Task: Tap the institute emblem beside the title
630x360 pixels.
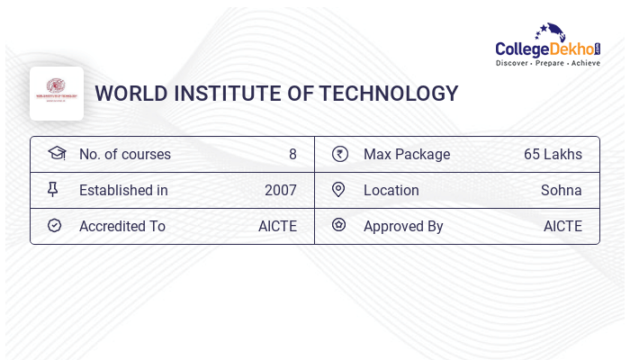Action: point(57,93)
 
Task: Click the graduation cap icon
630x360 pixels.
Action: point(57,154)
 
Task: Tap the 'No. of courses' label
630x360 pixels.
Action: point(124,154)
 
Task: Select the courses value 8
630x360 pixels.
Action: point(292,154)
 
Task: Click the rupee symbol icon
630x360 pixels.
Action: point(339,154)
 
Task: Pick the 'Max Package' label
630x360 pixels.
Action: point(406,154)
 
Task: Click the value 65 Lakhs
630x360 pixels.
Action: point(553,154)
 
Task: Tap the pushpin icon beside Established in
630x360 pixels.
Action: point(53,190)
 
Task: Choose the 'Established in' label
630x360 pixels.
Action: point(123,190)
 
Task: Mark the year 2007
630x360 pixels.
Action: point(280,190)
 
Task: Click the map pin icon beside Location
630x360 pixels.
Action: point(338,190)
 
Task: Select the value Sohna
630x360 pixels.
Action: point(561,190)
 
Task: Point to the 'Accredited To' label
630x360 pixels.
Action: point(121,226)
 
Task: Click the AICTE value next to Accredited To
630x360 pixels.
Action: point(277,226)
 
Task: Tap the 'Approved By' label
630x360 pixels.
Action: point(403,226)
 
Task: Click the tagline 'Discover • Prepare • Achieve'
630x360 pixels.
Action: point(547,63)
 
